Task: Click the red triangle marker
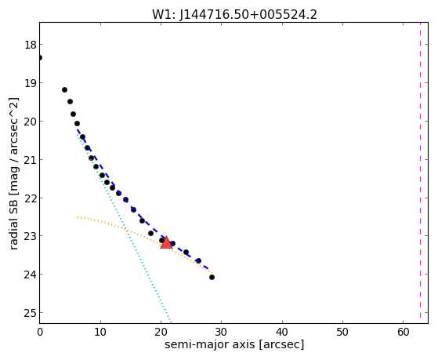[x=166, y=242]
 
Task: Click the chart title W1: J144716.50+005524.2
[x=234, y=14]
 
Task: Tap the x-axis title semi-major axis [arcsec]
[x=234, y=344]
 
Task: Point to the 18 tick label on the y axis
[x=30, y=45]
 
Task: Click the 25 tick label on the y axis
[x=30, y=313]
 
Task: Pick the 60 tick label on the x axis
[x=403, y=333]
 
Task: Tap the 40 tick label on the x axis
[x=282, y=333]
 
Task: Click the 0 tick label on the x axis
[x=40, y=333]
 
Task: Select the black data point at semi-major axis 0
[x=40, y=57]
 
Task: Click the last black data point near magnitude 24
[x=212, y=277]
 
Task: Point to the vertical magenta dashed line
[x=420, y=170]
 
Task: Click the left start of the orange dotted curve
[x=78, y=217]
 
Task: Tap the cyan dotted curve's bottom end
[x=170, y=322]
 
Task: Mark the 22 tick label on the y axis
[x=30, y=198]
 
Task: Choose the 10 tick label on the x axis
[x=100, y=333]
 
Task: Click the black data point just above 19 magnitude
[x=64, y=89]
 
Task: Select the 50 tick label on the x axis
[x=342, y=333]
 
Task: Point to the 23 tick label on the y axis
[x=30, y=236]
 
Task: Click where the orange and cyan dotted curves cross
[x=127, y=231]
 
